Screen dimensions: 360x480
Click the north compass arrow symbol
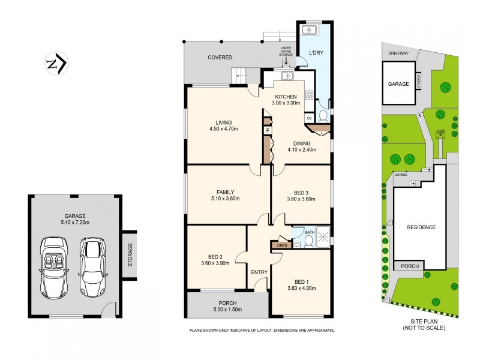click(x=58, y=62)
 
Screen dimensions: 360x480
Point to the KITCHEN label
click(x=285, y=97)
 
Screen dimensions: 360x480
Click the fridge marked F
click(x=267, y=130)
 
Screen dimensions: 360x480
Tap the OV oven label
click(x=310, y=118)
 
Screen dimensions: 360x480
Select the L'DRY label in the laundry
click(x=316, y=53)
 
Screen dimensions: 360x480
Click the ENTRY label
click(x=259, y=272)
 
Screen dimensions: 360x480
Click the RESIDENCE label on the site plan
click(x=421, y=227)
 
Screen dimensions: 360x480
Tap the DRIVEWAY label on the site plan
click(x=398, y=53)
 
